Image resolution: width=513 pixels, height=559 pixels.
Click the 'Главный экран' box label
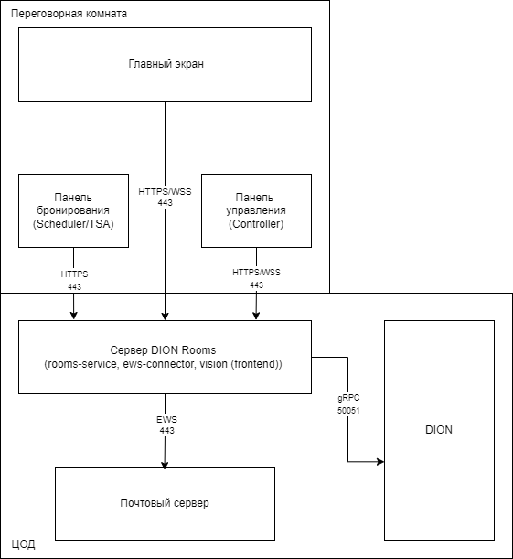tap(166, 64)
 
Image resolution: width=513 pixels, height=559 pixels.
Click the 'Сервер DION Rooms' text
tap(163, 350)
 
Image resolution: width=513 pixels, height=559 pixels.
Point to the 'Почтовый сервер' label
tap(165, 503)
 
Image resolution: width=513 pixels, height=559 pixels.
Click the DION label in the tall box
tap(439, 430)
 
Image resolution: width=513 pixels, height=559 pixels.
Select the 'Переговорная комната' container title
tap(69, 14)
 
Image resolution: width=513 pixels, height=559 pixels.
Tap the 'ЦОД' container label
tap(23, 544)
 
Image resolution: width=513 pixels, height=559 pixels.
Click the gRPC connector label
tap(348, 398)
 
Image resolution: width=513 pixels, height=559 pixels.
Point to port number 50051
tap(348, 411)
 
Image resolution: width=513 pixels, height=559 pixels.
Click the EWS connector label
tap(166, 419)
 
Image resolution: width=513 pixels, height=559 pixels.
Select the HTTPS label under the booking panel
tap(74, 274)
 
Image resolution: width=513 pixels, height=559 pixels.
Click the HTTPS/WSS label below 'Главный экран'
tap(165, 192)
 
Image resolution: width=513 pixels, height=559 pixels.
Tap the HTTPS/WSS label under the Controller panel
tap(256, 273)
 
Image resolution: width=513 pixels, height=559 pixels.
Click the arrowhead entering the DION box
tap(380, 462)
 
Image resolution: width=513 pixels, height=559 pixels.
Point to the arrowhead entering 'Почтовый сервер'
tap(165, 465)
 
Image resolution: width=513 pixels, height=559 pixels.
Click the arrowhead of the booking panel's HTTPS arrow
tap(73, 316)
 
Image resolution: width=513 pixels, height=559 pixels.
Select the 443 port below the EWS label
tap(166, 431)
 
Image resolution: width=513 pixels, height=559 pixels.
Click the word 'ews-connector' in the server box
tap(158, 364)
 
